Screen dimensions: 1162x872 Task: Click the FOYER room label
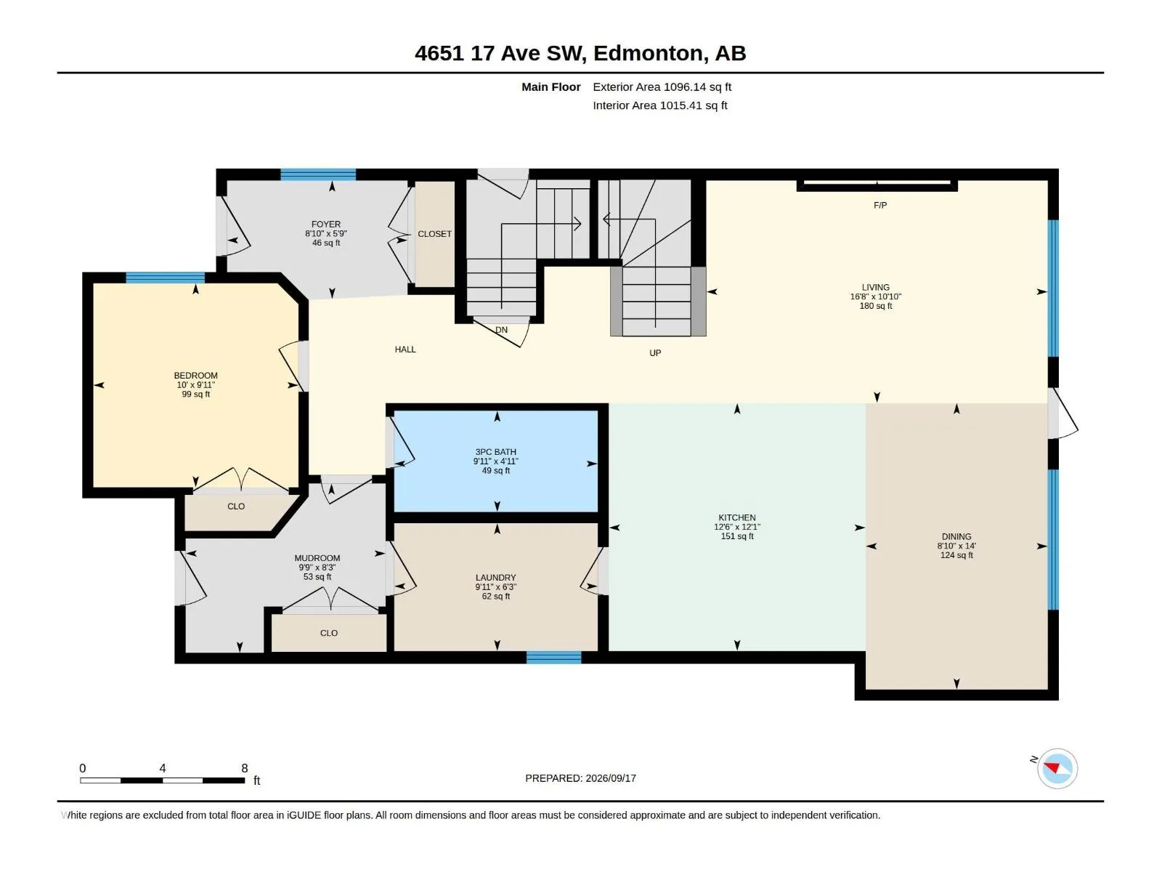point(325,224)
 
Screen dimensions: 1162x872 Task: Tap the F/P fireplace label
point(879,205)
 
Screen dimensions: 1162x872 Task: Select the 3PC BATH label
point(495,451)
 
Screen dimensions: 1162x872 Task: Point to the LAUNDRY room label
point(495,577)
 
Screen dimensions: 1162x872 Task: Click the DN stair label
point(501,330)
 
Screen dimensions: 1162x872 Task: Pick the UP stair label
point(655,352)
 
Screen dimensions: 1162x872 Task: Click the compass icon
point(1057,768)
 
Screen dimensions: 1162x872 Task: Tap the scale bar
point(163,780)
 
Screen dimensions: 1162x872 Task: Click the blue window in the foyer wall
point(317,174)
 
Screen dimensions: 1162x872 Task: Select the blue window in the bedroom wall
point(165,278)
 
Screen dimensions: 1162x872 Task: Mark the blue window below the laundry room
point(553,657)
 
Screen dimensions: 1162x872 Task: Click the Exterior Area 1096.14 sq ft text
point(662,86)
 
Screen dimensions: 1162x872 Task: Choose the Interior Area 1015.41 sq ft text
point(659,105)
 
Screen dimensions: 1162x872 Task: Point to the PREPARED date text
point(580,778)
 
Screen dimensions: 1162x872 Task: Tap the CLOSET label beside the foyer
point(434,233)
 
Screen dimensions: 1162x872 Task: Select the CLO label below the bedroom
point(236,506)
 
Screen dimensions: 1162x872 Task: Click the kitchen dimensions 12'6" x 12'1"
point(737,527)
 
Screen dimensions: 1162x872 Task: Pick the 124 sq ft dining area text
point(956,555)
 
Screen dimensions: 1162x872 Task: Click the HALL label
point(405,349)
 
